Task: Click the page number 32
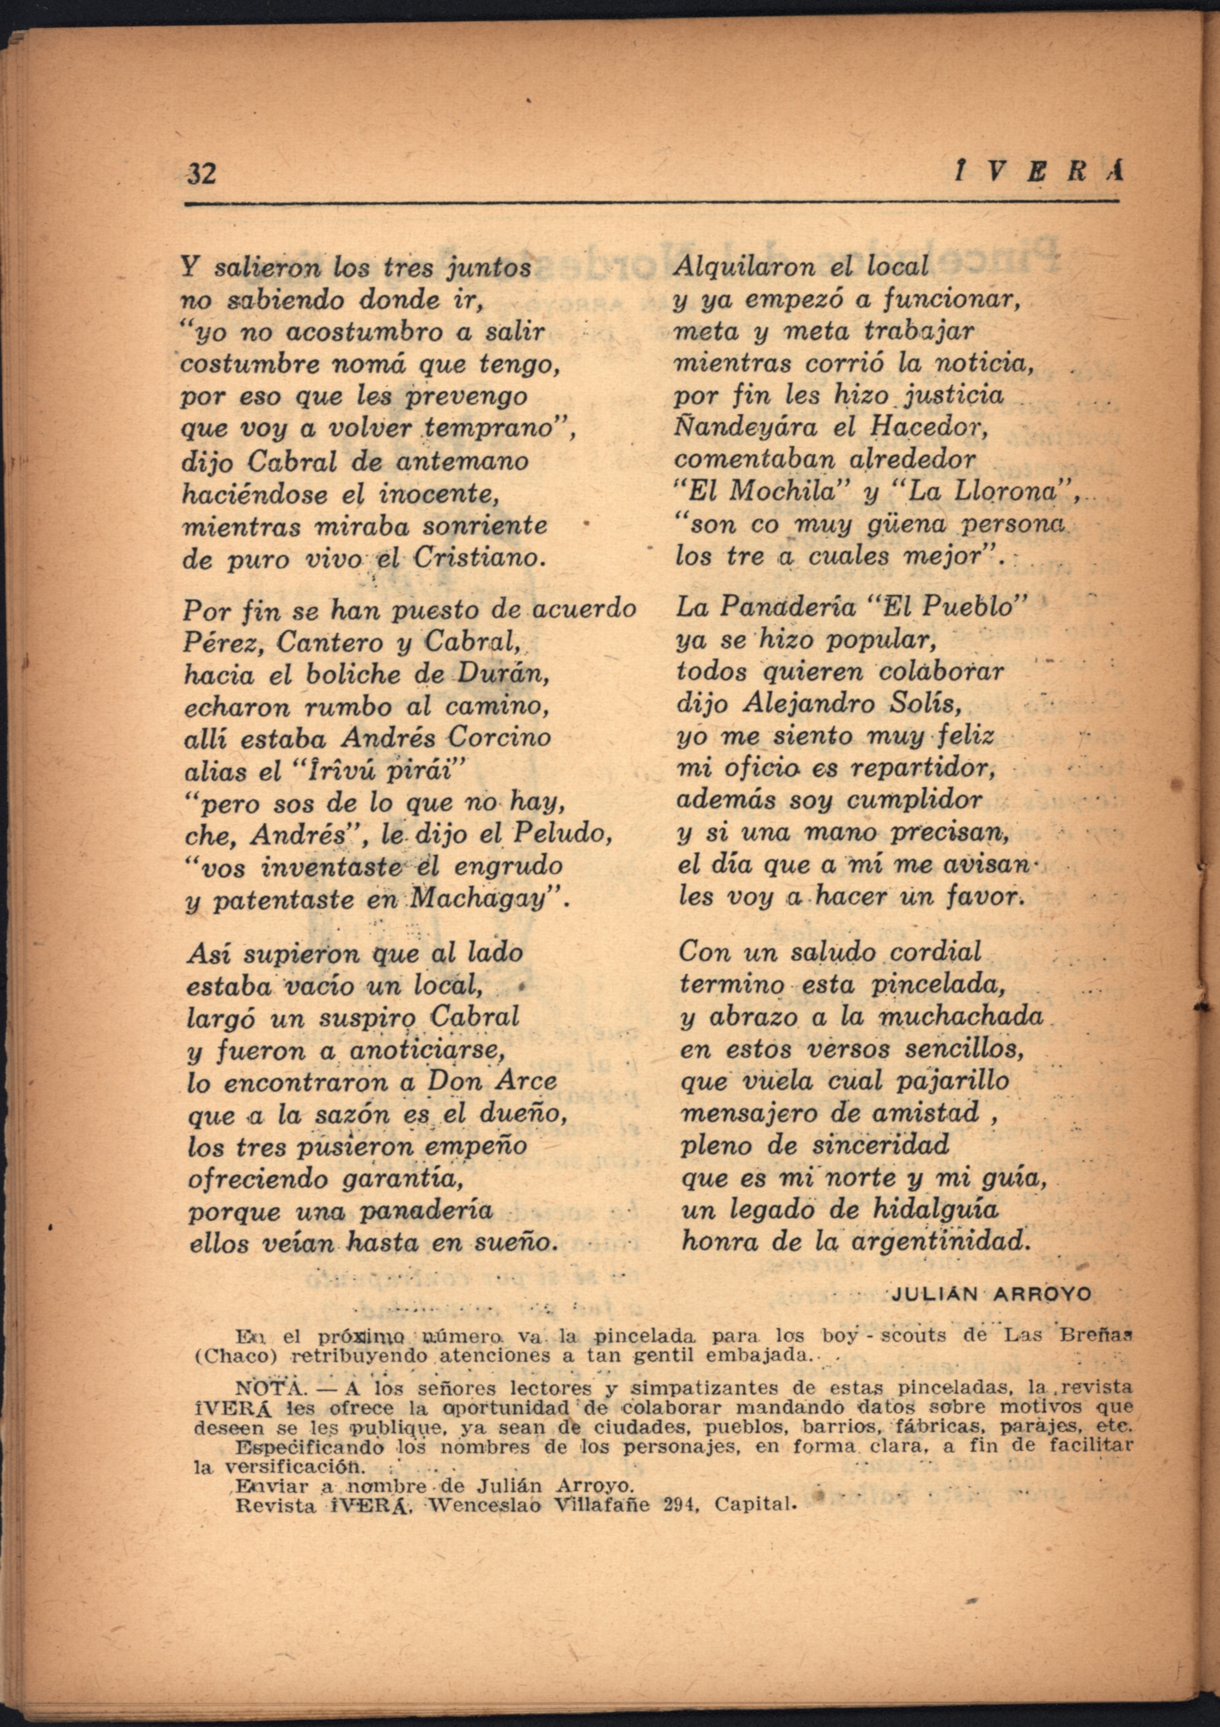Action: pyautogui.click(x=202, y=173)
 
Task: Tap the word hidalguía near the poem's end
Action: pyautogui.click(x=936, y=1208)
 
